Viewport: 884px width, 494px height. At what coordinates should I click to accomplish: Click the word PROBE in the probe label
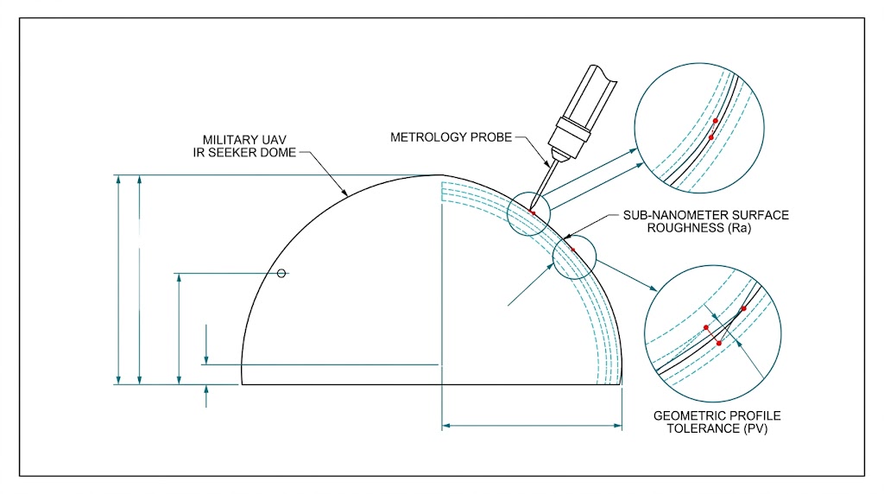tap(493, 136)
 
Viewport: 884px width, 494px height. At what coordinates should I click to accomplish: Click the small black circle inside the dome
tap(281, 274)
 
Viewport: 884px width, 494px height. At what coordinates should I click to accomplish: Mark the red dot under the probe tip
tap(534, 212)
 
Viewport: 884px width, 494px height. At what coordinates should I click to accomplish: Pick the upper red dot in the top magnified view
tap(716, 121)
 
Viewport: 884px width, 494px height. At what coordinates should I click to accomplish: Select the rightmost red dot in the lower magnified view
tap(743, 308)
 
